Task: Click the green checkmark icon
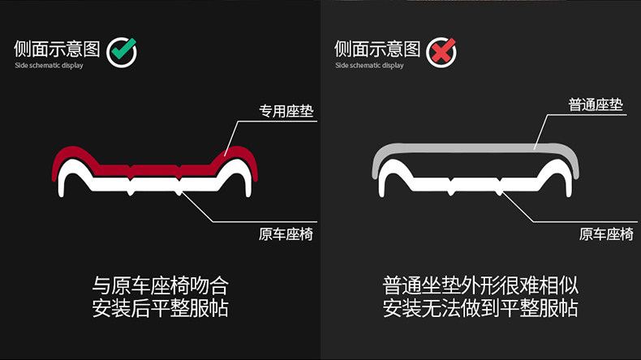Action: (x=122, y=52)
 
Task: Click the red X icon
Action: (x=441, y=52)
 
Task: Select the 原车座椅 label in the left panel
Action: (x=286, y=235)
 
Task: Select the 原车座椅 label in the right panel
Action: (x=606, y=235)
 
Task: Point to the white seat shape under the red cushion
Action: (x=154, y=182)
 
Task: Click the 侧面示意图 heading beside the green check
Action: (x=56, y=49)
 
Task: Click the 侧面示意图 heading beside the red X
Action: (x=376, y=49)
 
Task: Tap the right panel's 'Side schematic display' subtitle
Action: (x=369, y=66)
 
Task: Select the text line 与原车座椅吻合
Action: (x=161, y=285)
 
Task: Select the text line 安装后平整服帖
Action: (x=161, y=308)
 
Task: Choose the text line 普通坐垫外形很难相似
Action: (x=480, y=285)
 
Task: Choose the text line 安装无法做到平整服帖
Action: (x=480, y=308)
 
